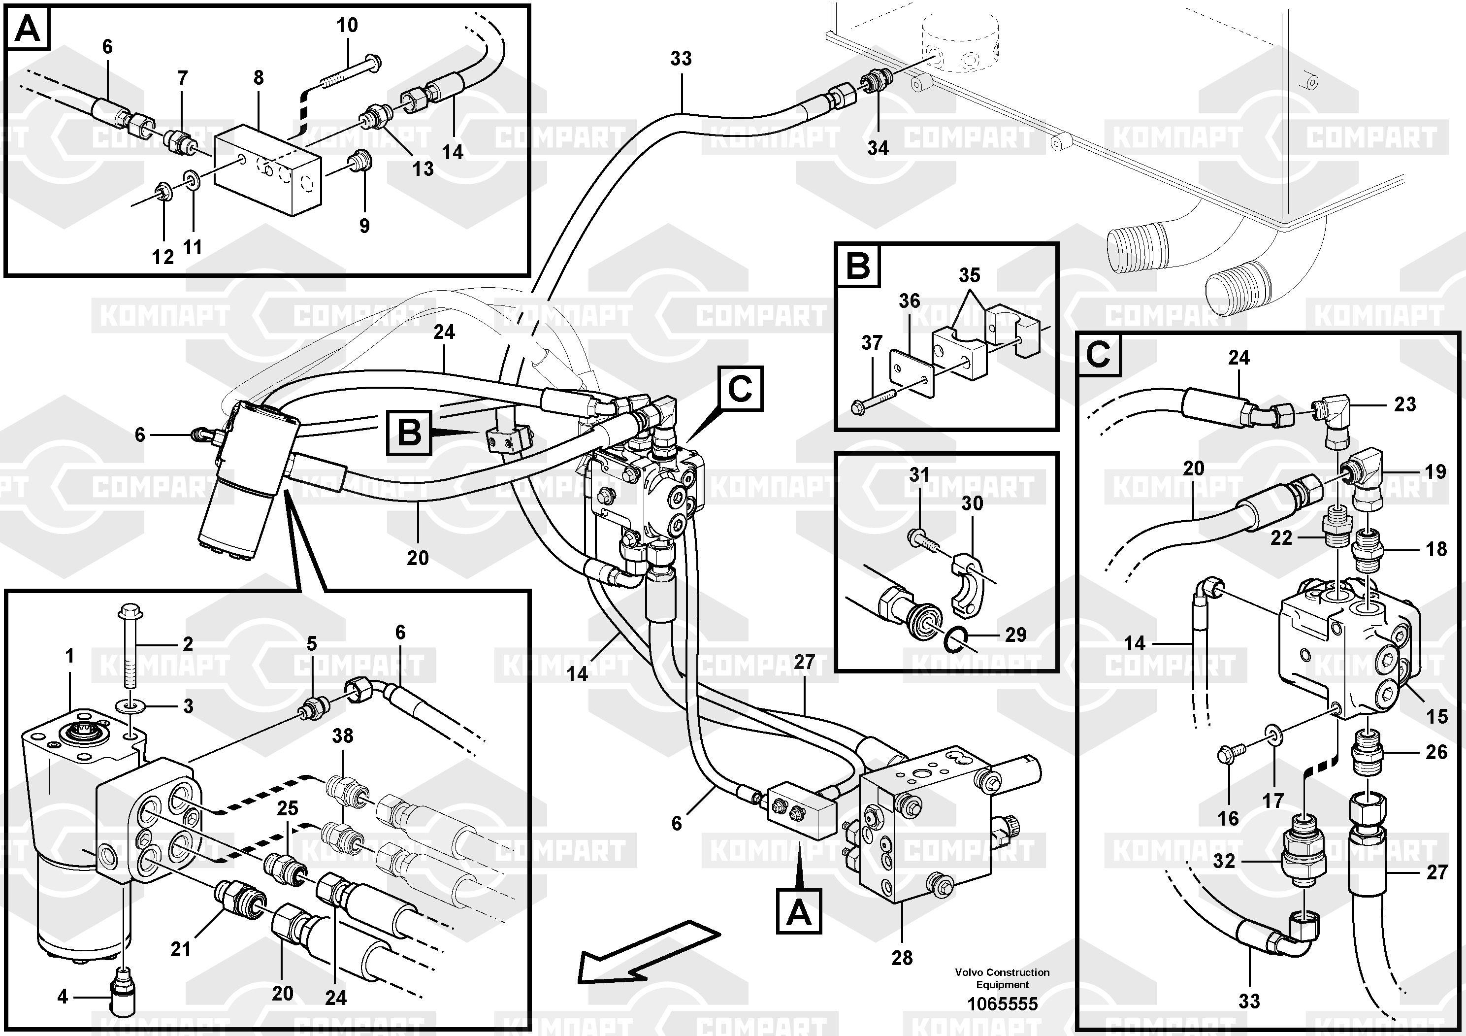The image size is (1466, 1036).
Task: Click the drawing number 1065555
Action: (x=1002, y=1004)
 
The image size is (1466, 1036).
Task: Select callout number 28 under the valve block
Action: (x=902, y=975)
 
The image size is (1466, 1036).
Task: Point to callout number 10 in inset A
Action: (x=347, y=26)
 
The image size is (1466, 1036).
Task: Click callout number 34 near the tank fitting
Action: (x=878, y=148)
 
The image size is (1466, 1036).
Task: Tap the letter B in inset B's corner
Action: (x=857, y=265)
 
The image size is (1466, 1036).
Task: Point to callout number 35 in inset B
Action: (x=969, y=275)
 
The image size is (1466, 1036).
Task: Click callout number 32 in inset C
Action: (x=1224, y=861)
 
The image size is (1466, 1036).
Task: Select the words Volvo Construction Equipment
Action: (x=1002, y=978)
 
